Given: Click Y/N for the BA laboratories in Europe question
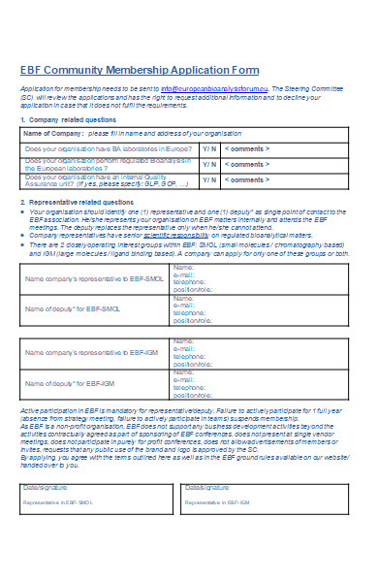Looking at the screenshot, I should pyautogui.click(x=208, y=148).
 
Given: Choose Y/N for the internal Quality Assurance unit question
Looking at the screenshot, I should pyautogui.click(x=208, y=180).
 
